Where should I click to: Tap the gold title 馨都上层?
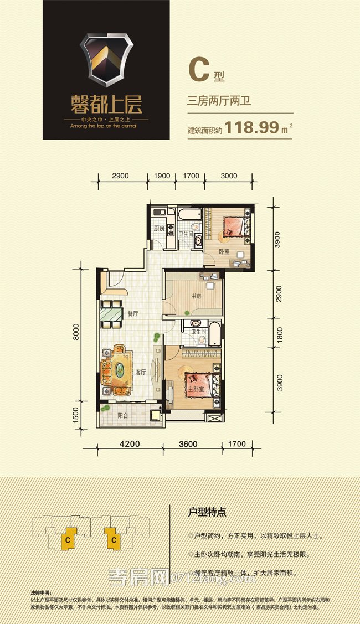(106, 104)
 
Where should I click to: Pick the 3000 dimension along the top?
(228, 176)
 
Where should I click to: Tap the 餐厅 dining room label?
(132, 313)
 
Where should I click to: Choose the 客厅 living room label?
(140, 372)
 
